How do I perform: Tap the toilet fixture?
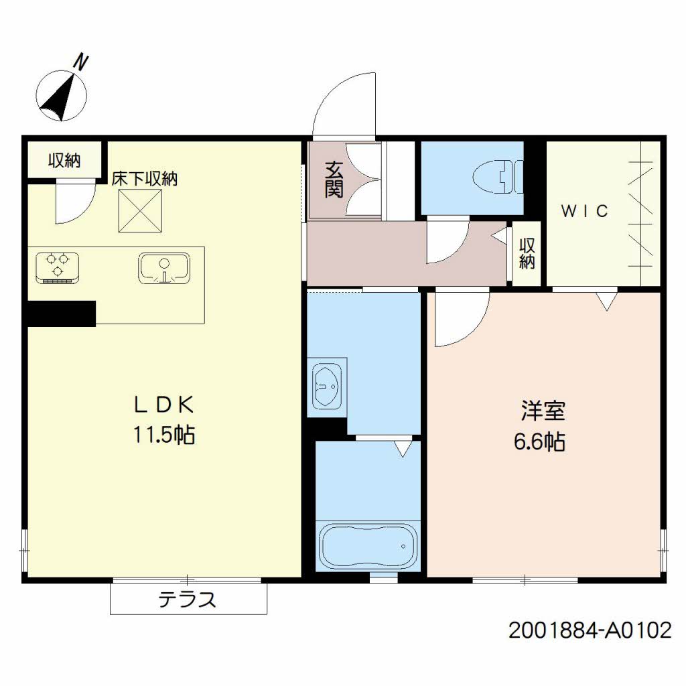tap(498, 177)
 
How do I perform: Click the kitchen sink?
tap(164, 268)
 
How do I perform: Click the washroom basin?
tap(327, 387)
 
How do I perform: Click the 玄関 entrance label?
tap(334, 180)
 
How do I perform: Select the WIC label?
tap(584, 211)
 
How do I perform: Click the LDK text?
tap(164, 405)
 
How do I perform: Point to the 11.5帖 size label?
tap(164, 435)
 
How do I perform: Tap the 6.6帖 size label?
tap(539, 441)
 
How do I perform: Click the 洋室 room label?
tap(543, 411)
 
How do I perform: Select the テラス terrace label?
tap(188, 599)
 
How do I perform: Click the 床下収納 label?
tap(145, 179)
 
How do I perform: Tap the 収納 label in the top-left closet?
tap(64, 161)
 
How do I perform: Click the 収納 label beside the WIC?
tap(527, 253)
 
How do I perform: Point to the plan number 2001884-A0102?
tap(590, 630)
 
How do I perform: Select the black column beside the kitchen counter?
tap(62, 314)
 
